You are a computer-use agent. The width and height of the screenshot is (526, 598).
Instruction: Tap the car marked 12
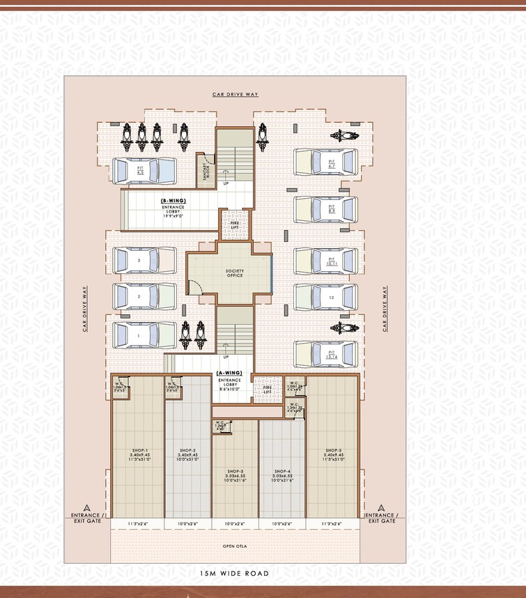tap(325, 297)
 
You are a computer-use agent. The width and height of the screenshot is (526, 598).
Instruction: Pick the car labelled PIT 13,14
tap(325, 354)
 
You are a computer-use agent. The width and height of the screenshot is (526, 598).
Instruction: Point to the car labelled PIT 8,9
tap(325, 209)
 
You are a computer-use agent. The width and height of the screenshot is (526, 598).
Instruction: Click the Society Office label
tap(235, 273)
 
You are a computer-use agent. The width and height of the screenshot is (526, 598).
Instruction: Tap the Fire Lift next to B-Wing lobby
tap(235, 225)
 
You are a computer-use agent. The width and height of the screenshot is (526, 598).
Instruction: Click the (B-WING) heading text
tap(173, 201)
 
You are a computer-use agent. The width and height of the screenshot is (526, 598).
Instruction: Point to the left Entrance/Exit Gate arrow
tap(86, 507)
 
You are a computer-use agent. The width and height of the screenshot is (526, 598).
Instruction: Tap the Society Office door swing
tap(196, 286)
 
